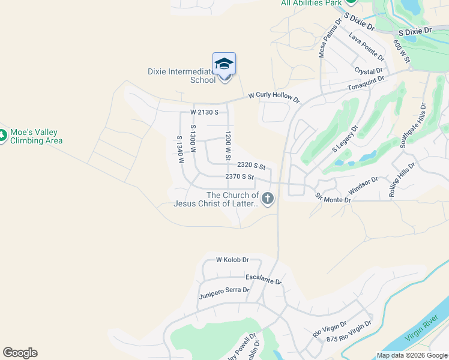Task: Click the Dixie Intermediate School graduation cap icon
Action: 224,64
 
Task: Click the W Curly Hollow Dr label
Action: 274,96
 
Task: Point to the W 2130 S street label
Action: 204,112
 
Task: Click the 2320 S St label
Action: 251,165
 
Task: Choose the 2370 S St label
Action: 240,177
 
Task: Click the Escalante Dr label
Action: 264,279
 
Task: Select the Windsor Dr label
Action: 363,187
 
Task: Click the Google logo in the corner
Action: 20,353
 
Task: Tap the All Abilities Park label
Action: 311,3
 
